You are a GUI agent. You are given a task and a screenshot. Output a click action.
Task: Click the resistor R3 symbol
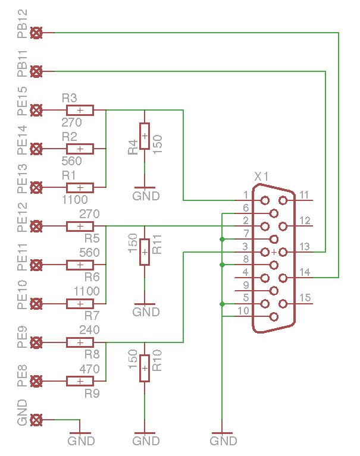coord(80,110)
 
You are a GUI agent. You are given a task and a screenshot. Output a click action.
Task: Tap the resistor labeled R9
coord(80,381)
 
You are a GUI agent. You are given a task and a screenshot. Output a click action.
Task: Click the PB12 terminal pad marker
coord(36,33)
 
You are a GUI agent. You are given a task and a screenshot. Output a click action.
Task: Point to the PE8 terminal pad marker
coord(36,381)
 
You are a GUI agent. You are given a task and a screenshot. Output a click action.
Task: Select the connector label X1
coord(262,177)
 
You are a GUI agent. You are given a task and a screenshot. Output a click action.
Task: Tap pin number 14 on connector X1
coord(305,273)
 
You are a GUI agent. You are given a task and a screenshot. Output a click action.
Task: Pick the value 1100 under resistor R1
coord(74,200)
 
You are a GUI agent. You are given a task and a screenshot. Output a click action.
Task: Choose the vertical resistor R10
coord(145,368)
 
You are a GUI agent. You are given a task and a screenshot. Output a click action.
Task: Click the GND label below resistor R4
coord(146,196)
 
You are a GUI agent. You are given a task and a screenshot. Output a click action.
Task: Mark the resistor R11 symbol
coord(145,252)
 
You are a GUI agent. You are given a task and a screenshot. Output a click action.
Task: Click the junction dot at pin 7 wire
coord(222,239)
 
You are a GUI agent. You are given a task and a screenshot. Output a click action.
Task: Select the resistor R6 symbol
coord(80,265)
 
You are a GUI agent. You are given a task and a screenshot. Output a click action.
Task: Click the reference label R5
coord(92,238)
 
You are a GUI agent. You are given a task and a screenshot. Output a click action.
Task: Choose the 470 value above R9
coord(89,369)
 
